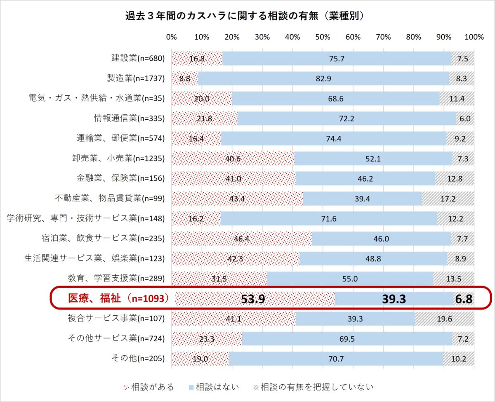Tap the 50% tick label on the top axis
click(x=323, y=37)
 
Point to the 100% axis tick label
click(x=474, y=37)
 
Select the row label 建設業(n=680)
click(x=138, y=59)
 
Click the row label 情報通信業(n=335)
click(x=129, y=118)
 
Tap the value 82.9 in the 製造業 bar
click(x=323, y=78)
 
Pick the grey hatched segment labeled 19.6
click(x=444, y=319)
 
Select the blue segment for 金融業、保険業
click(x=365, y=178)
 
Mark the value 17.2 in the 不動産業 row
click(x=448, y=199)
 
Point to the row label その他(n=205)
click(x=138, y=359)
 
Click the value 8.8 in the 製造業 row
click(x=185, y=78)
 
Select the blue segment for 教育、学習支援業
click(x=350, y=279)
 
